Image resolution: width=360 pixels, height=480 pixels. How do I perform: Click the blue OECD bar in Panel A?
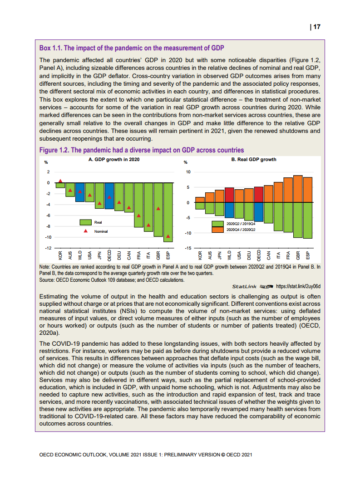click(109, 196)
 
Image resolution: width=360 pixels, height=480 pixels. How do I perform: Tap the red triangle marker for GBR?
click(158, 209)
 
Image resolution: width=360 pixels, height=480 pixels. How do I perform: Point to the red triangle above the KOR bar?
click(60, 181)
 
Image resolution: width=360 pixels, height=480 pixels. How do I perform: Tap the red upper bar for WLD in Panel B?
click(229, 195)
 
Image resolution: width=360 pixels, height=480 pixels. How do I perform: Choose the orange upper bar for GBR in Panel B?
click(298, 189)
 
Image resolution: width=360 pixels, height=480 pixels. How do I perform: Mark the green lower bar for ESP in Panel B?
click(308, 220)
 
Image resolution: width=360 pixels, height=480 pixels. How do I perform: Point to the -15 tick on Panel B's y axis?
click(186, 248)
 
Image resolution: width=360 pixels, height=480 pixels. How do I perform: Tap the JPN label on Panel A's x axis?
click(100, 255)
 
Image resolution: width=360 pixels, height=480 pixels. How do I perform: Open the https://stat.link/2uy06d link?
click(298, 287)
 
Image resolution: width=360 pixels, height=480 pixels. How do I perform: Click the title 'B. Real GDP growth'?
click(254, 160)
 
